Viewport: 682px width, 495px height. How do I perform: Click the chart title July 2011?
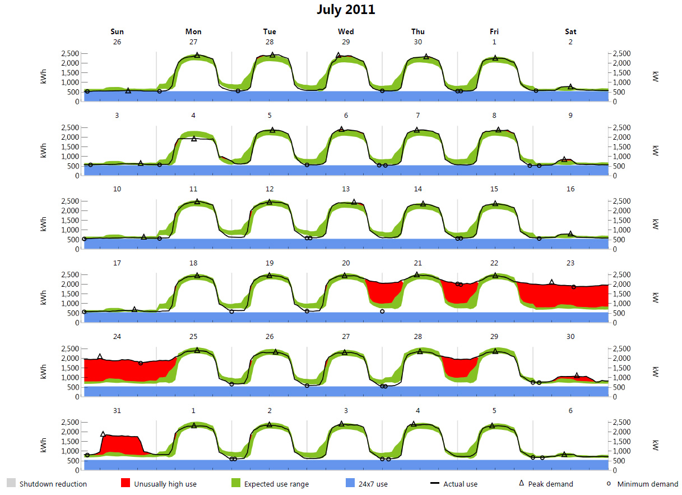tap(346, 10)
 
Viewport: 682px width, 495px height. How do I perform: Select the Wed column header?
tap(346, 31)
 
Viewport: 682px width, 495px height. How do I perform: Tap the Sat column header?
tap(570, 31)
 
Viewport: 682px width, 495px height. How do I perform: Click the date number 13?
tap(346, 189)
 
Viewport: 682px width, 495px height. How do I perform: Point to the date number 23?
tap(570, 263)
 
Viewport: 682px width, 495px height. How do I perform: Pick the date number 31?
tap(117, 410)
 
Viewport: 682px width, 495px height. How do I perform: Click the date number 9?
tap(570, 116)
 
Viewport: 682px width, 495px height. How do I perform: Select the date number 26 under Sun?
tap(117, 42)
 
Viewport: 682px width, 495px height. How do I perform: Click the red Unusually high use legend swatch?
tap(126, 483)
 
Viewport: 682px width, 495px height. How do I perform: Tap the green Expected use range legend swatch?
tap(235, 483)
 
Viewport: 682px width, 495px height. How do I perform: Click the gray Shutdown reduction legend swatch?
tap(11, 483)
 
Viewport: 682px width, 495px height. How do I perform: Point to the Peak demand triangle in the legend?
tap(521, 483)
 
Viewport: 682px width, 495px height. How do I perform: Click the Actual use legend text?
tap(460, 484)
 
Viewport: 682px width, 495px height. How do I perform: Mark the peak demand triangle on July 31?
tap(103, 434)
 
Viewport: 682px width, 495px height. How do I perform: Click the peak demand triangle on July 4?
tap(194, 138)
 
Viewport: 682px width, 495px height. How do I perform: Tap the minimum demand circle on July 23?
tap(573, 287)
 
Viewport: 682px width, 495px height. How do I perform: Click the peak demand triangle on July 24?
tap(100, 356)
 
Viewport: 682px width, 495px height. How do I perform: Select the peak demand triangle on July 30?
tap(577, 375)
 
